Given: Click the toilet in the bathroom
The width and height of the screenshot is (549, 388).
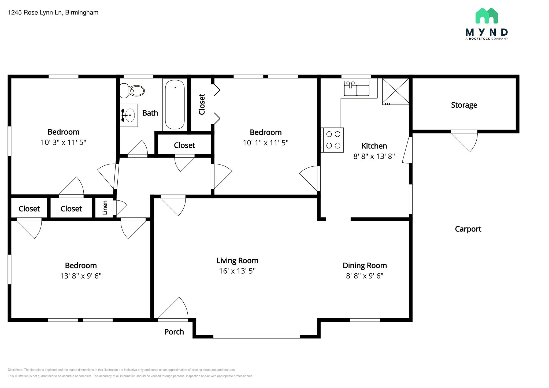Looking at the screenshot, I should coord(132,90).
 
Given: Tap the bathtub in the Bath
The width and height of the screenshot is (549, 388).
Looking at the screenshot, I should coord(175,105).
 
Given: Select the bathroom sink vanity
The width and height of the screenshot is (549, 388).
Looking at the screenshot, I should coord(129,115).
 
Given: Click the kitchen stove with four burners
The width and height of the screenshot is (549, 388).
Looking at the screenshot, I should coord(332,140).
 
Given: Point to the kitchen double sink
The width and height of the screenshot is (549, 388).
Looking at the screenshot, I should coord(357,88).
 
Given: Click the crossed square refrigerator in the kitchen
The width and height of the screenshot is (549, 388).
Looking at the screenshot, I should coord(395,91).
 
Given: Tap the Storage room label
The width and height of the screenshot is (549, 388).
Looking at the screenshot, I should coord(464,105).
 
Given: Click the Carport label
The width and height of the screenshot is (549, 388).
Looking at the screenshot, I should coord(468,229).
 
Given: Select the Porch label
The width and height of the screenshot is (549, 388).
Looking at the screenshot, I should coord(174,332).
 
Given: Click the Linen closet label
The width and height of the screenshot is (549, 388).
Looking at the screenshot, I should coord(105,208).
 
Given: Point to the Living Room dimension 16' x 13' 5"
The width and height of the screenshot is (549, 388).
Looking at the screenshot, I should coord(237,271).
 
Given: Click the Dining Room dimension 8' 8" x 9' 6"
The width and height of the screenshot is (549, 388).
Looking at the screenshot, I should coord(365,276).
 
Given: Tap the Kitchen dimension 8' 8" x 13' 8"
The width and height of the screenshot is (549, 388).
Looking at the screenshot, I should coord(374,156).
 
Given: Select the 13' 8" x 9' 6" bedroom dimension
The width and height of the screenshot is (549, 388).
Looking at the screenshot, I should coord(81,276).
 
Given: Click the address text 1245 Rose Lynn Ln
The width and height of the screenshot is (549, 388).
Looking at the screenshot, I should coord(35,13).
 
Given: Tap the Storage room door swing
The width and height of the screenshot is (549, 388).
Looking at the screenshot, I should coord(466,141).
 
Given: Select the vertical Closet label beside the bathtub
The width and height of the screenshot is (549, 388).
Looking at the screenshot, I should coord(202,104).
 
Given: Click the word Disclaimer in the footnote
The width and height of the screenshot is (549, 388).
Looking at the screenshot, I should coord(16,370).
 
